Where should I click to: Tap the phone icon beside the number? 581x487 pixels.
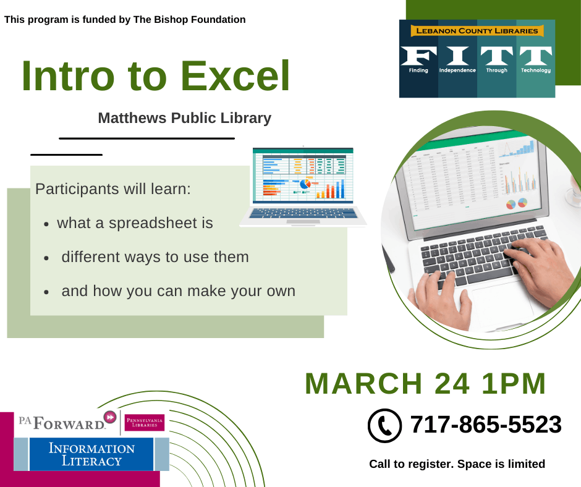click(x=384, y=426)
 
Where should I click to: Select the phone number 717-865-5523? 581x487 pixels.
click(x=485, y=425)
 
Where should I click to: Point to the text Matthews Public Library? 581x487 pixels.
click(x=184, y=118)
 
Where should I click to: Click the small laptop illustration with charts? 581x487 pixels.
click(x=303, y=185)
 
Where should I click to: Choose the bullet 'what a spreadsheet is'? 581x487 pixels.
click(x=135, y=223)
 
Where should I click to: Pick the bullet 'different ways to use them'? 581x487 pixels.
click(x=155, y=256)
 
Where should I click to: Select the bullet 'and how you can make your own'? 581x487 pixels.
click(x=178, y=290)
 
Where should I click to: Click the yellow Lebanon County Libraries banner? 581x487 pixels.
click(x=477, y=31)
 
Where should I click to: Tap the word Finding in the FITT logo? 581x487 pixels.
click(x=418, y=70)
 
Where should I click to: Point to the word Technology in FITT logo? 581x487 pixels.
click(x=535, y=70)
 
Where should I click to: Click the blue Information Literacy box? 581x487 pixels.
click(x=91, y=454)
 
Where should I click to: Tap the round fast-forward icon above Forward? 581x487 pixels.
click(x=110, y=417)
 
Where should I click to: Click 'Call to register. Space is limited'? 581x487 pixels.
click(x=457, y=464)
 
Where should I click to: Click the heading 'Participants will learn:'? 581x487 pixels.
click(x=113, y=188)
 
